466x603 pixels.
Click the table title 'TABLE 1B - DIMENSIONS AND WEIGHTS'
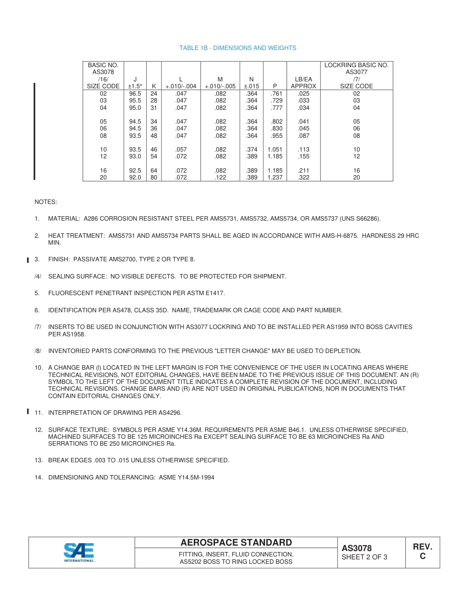tap(237, 48)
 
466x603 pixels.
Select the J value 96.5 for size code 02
tap(135, 93)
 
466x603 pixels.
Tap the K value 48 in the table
tap(154, 136)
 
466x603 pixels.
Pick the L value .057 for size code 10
tap(181, 150)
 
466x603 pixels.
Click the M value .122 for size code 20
tap(220, 177)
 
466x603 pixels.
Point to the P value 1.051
tap(275, 150)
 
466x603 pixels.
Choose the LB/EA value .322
tap(304, 177)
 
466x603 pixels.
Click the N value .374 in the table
tap(251, 150)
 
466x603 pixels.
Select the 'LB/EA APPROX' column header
tap(304, 82)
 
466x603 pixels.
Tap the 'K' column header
tap(154, 86)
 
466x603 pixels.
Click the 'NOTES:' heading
tap(46, 202)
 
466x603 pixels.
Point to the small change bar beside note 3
tap(28, 259)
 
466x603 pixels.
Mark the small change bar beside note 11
tap(28, 412)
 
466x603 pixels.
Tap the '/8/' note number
tap(38, 351)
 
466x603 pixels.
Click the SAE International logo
tap(79, 552)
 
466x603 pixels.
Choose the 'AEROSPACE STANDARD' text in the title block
tap(236, 543)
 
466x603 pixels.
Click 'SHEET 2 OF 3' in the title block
tap(364, 557)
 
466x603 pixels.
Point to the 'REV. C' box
tap(422, 552)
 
